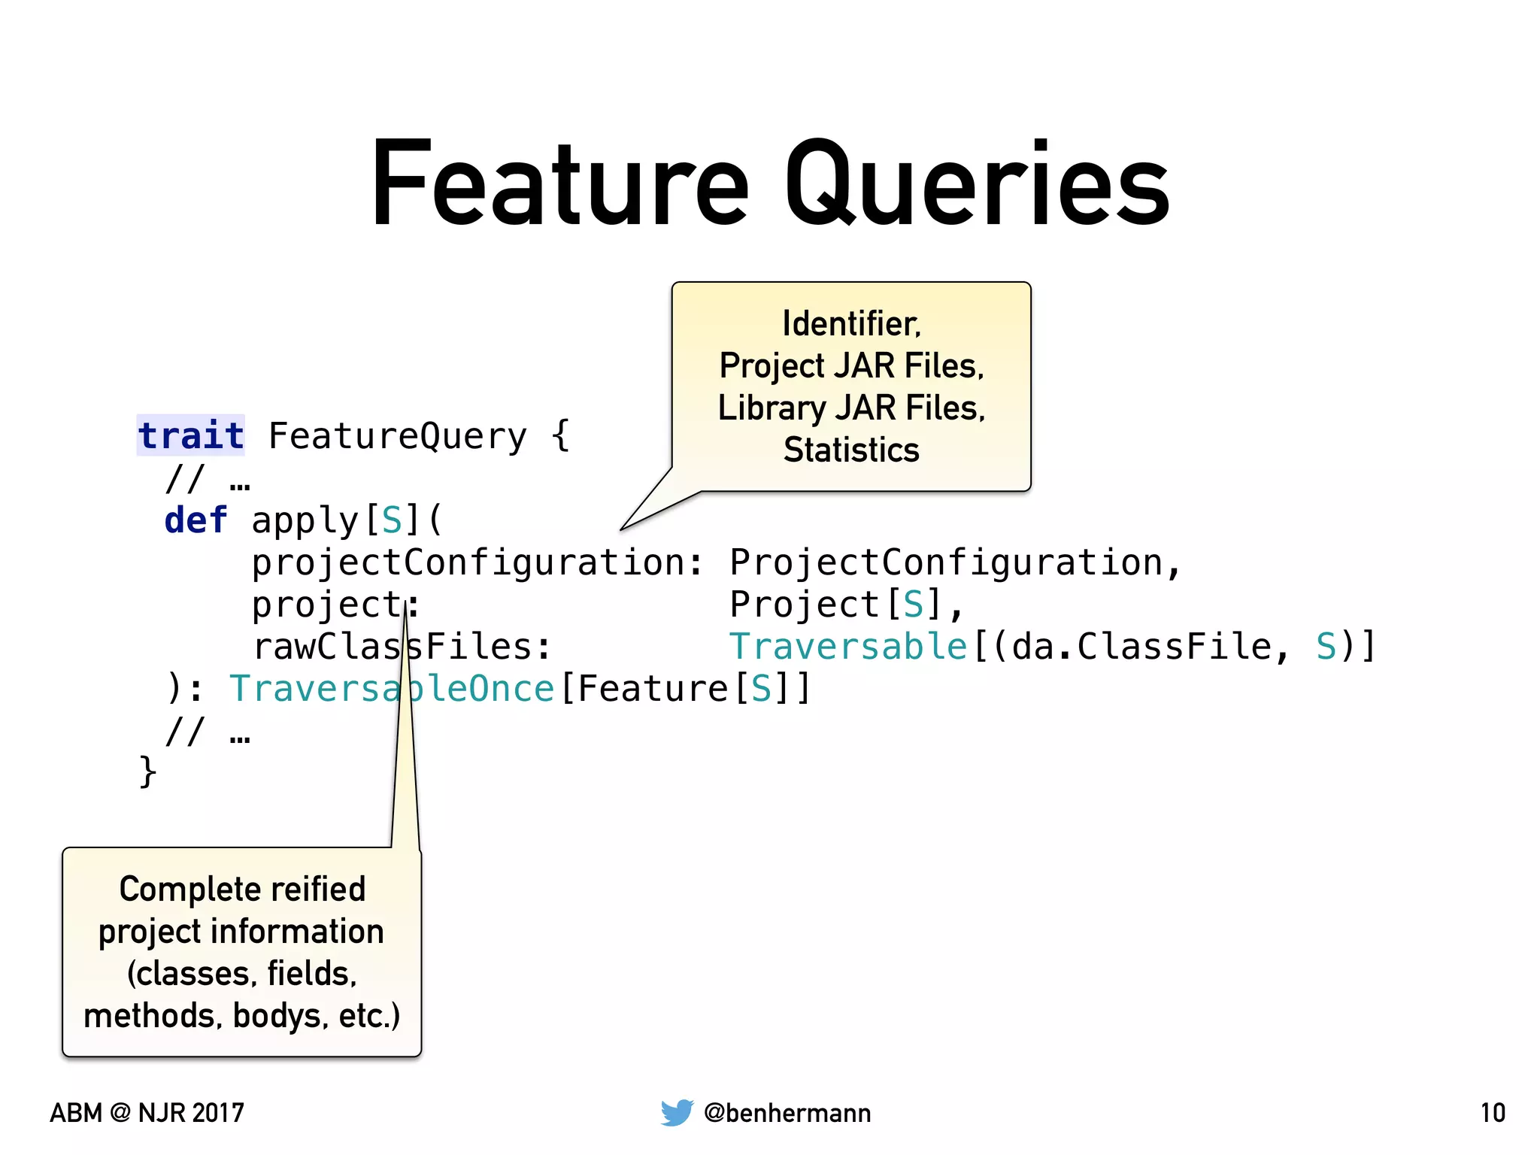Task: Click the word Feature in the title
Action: coord(560,184)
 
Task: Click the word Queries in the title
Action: coord(978,184)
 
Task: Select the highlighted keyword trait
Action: coord(191,436)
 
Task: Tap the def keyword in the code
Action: coord(196,520)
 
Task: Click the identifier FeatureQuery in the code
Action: coord(398,436)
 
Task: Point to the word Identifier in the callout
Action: coord(850,324)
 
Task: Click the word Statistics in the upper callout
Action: coord(851,450)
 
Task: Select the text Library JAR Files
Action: coord(851,408)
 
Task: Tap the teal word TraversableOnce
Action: coord(391,689)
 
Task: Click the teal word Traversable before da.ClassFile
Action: coord(847,647)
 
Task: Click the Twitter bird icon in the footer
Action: coord(677,1112)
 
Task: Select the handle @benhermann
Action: coord(787,1113)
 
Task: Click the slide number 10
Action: coord(1493,1113)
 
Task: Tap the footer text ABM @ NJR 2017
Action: coord(147,1113)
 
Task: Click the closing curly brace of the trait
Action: coord(147,772)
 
